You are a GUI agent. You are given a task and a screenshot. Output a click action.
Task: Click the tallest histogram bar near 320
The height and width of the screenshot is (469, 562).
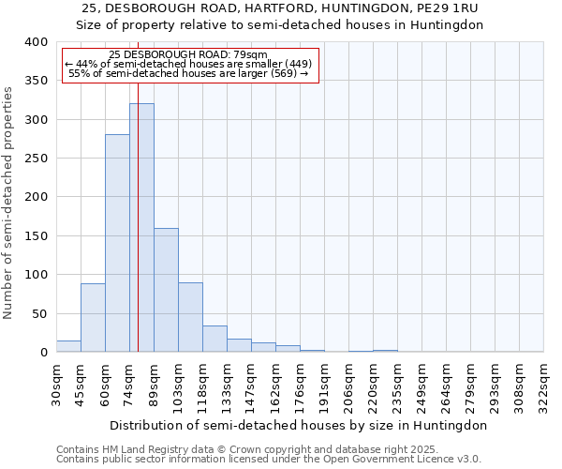[141, 228]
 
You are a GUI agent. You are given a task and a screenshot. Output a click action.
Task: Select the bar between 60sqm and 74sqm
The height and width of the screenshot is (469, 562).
[117, 244]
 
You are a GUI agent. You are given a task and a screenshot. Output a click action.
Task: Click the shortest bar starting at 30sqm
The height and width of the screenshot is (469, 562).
[68, 346]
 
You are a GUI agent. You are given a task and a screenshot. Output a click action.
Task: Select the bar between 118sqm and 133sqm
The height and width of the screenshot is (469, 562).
[214, 340]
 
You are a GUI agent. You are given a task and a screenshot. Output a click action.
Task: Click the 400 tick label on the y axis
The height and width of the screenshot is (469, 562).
[36, 42]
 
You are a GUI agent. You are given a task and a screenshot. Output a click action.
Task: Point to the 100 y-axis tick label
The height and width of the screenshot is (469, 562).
[36, 275]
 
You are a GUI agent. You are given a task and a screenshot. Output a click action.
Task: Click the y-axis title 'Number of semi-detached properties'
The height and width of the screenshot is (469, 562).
[9, 202]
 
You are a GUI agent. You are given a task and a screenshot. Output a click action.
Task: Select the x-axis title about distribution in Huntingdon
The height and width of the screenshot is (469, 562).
[299, 425]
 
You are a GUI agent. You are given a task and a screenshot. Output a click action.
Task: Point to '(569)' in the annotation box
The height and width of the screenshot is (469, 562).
[280, 73]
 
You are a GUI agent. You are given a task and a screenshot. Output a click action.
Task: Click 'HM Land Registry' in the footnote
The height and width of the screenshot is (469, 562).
[128, 449]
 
